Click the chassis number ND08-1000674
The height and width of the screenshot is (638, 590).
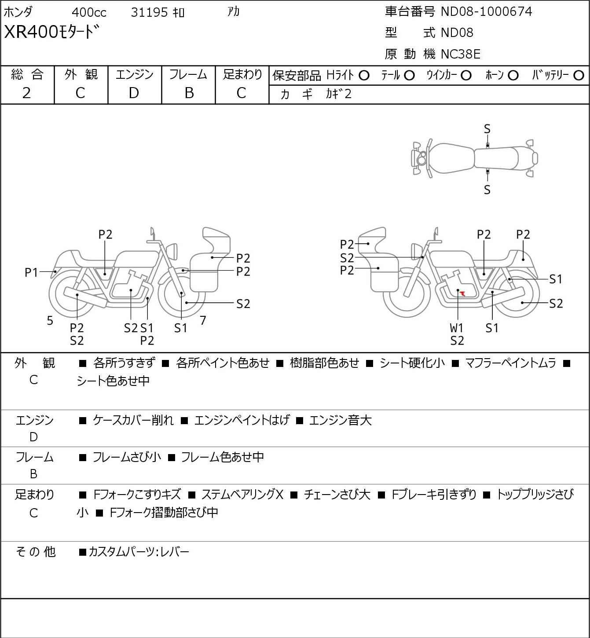486,11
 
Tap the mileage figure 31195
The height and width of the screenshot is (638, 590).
149,12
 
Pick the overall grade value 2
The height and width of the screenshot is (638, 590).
27,93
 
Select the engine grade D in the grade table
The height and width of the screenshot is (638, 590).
134,93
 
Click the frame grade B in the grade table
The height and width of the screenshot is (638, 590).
189,93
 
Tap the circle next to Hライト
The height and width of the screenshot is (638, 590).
364,76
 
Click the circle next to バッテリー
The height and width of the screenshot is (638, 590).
579,76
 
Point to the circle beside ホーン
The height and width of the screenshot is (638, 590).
513,76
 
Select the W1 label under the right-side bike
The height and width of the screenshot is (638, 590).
457,328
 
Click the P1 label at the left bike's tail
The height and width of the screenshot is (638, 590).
32,273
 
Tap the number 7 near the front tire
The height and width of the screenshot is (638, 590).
203,320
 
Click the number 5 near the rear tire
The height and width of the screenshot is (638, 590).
50,320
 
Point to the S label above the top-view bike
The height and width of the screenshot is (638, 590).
487,129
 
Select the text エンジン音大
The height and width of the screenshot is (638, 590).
340,421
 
